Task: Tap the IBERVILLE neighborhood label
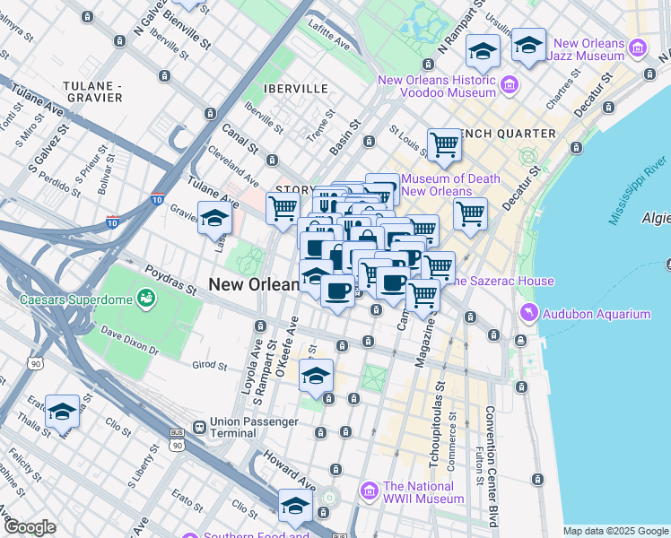tap(296, 89)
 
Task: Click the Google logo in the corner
tap(30, 527)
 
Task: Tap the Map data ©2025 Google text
tap(616, 531)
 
